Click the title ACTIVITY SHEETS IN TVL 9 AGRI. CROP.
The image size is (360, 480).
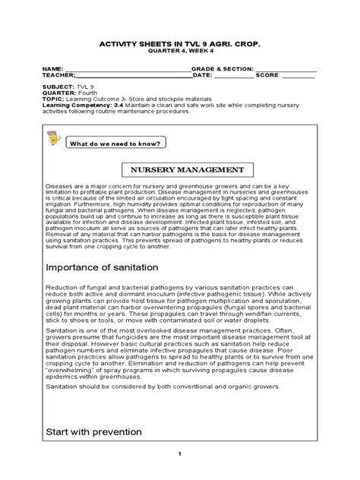179,45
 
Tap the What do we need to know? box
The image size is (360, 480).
115,143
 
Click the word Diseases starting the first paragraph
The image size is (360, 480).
59,185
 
